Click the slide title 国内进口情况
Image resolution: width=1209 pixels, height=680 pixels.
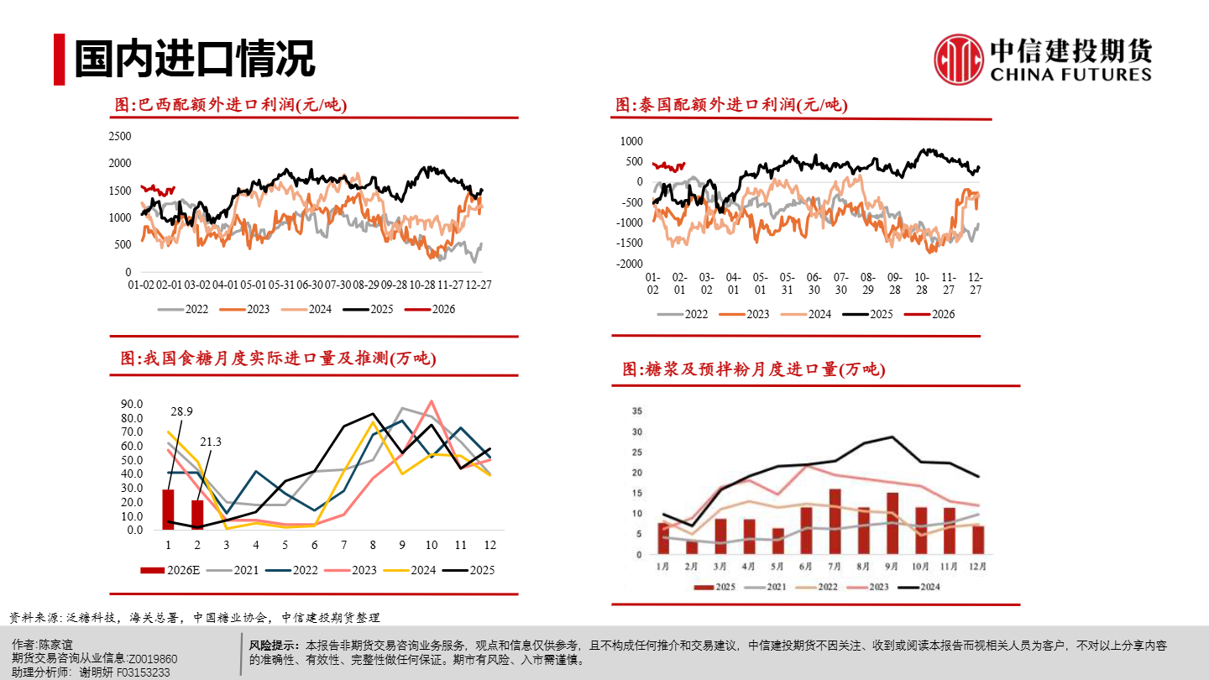click(x=194, y=59)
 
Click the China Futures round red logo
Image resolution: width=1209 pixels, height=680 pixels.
click(x=959, y=60)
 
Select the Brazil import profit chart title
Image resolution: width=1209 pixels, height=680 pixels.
click(x=231, y=105)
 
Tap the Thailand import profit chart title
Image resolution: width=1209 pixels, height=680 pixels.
click(x=731, y=105)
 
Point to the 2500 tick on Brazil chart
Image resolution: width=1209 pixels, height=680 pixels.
click(x=120, y=136)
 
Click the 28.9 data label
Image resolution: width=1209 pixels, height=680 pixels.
click(x=181, y=411)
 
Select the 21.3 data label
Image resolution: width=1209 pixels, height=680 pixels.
click(x=210, y=442)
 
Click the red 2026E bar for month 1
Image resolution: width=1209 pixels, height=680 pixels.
click(x=168, y=510)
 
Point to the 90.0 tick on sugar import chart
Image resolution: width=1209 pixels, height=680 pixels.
click(x=132, y=404)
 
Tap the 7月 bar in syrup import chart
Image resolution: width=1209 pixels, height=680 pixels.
click(x=835, y=521)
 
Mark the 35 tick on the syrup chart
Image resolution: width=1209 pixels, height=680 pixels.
click(x=636, y=411)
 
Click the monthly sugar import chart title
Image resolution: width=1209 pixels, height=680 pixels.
click(x=278, y=358)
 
